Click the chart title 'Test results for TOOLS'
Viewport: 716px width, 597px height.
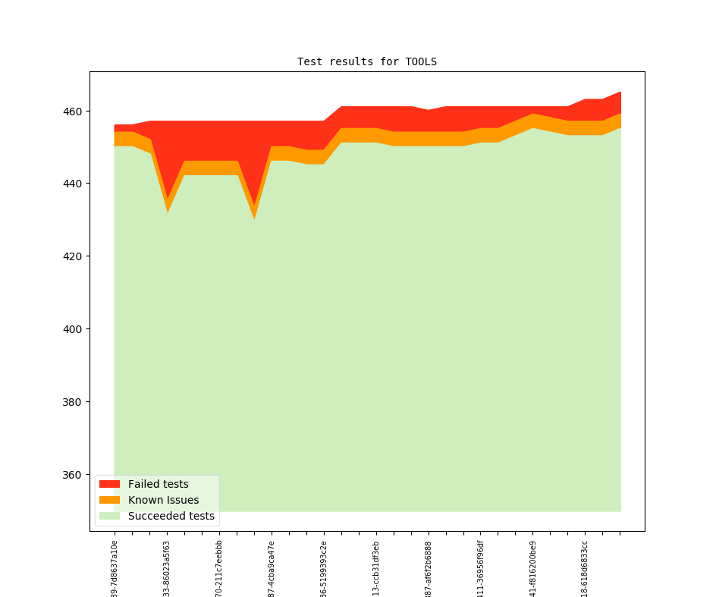pyautogui.click(x=366, y=61)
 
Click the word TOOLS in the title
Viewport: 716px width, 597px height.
pyautogui.click(x=421, y=61)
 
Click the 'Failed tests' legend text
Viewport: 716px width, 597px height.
pyautogui.click(x=158, y=484)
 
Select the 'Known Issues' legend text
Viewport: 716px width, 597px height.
pyautogui.click(x=163, y=500)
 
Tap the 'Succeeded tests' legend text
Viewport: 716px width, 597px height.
pyautogui.click(x=171, y=516)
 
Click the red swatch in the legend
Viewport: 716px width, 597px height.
pyautogui.click(x=109, y=484)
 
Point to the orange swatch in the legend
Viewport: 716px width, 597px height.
pyautogui.click(x=109, y=500)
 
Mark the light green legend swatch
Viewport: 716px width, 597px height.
pyautogui.click(x=109, y=516)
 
